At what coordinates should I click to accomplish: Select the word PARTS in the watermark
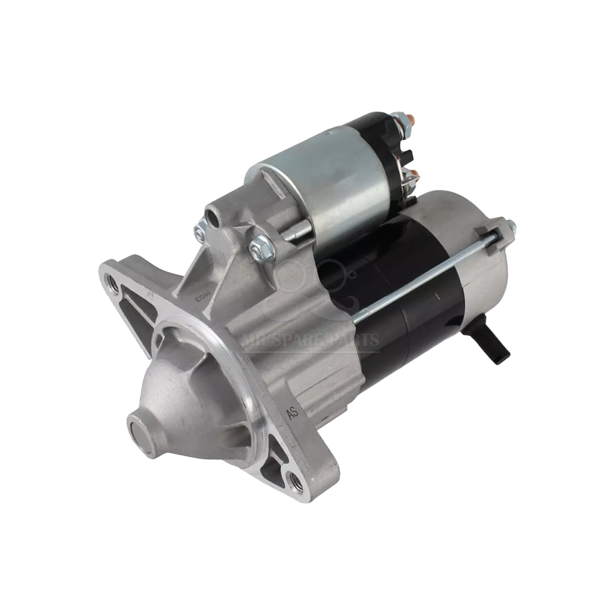(x=360, y=339)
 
